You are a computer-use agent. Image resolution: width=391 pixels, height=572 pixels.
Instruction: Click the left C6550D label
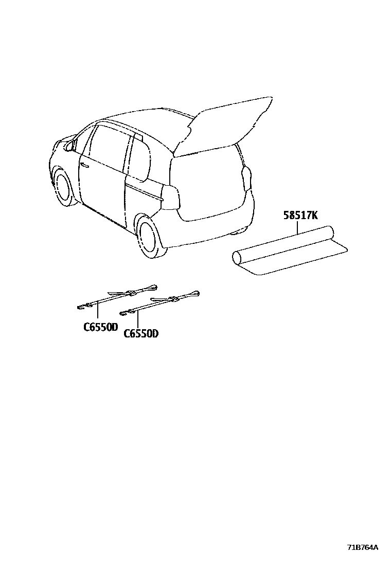101,327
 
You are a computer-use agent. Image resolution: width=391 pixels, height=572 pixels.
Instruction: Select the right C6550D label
141,333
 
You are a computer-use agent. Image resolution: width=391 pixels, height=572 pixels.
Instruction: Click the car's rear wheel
149,236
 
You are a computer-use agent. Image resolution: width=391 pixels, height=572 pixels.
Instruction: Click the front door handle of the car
84,165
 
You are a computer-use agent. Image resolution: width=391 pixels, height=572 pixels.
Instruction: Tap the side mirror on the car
69,146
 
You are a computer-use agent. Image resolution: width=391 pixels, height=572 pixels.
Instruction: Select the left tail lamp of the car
170,198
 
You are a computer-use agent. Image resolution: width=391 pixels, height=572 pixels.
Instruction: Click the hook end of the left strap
81,307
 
